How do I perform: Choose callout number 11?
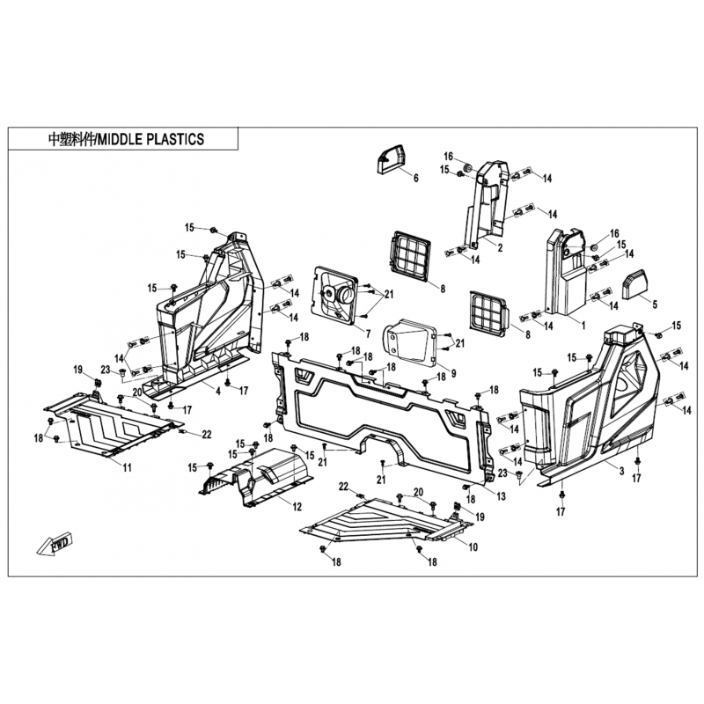point(126,467)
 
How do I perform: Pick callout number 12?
point(297,507)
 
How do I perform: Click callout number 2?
point(499,249)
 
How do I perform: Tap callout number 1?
point(582,323)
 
